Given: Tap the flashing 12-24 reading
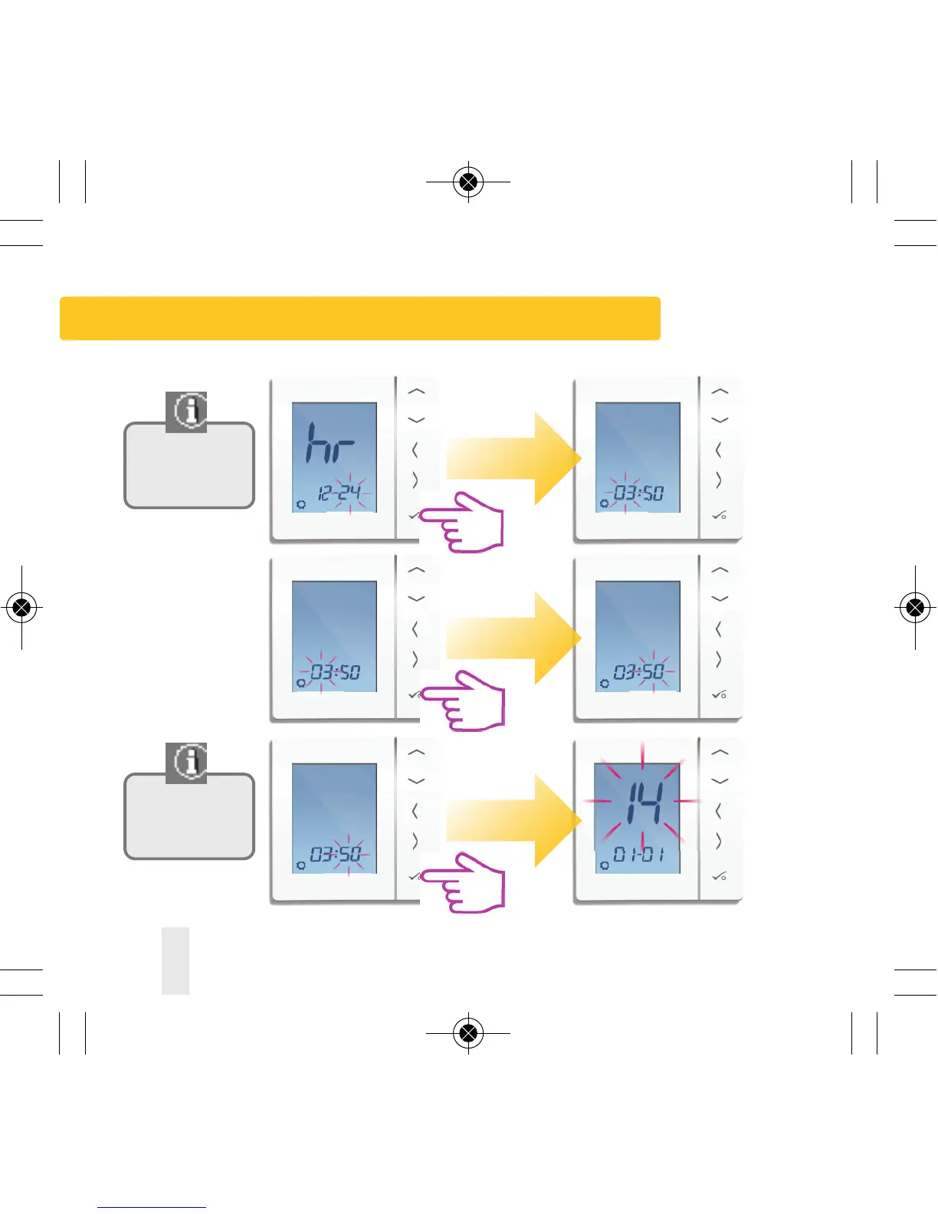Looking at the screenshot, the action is pyautogui.click(x=339, y=492).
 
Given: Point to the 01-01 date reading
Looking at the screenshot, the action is pyautogui.click(x=638, y=854).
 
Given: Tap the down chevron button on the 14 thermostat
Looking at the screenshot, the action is pyautogui.click(x=720, y=782).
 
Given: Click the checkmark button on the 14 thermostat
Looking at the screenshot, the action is pyautogui.click(x=718, y=876).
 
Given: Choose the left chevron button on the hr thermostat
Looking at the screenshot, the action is pyautogui.click(x=415, y=450).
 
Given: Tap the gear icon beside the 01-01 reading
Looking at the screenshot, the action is pyautogui.click(x=605, y=865).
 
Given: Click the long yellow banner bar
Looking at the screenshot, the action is pyautogui.click(x=360, y=318).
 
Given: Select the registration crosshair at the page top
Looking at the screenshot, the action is pyautogui.click(x=468, y=182).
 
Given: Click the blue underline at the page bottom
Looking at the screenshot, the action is pyautogui.click(x=152, y=1207).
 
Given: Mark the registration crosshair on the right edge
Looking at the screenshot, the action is pyautogui.click(x=914, y=608).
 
